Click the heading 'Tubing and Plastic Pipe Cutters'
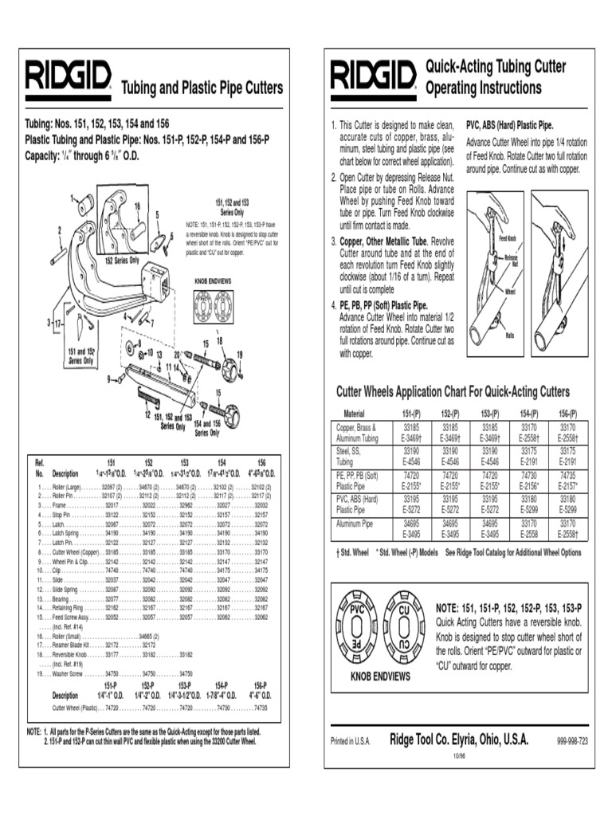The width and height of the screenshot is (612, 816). coord(201,87)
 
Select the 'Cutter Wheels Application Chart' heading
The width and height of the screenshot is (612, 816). coord(453,392)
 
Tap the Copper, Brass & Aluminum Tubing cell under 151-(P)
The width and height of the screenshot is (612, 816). coord(406,433)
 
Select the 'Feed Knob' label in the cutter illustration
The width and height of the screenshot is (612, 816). coord(508,238)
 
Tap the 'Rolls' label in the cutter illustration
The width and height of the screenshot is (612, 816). coord(509,335)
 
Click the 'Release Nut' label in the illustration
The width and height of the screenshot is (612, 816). coord(511,261)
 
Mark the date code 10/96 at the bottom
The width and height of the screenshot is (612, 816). coord(459,754)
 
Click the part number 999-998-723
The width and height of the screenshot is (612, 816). coord(572,741)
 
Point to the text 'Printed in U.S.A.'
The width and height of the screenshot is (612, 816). coord(351,741)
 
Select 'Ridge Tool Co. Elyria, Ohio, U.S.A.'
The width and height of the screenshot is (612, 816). coord(458,739)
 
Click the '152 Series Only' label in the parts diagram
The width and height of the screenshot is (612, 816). coord(122,260)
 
